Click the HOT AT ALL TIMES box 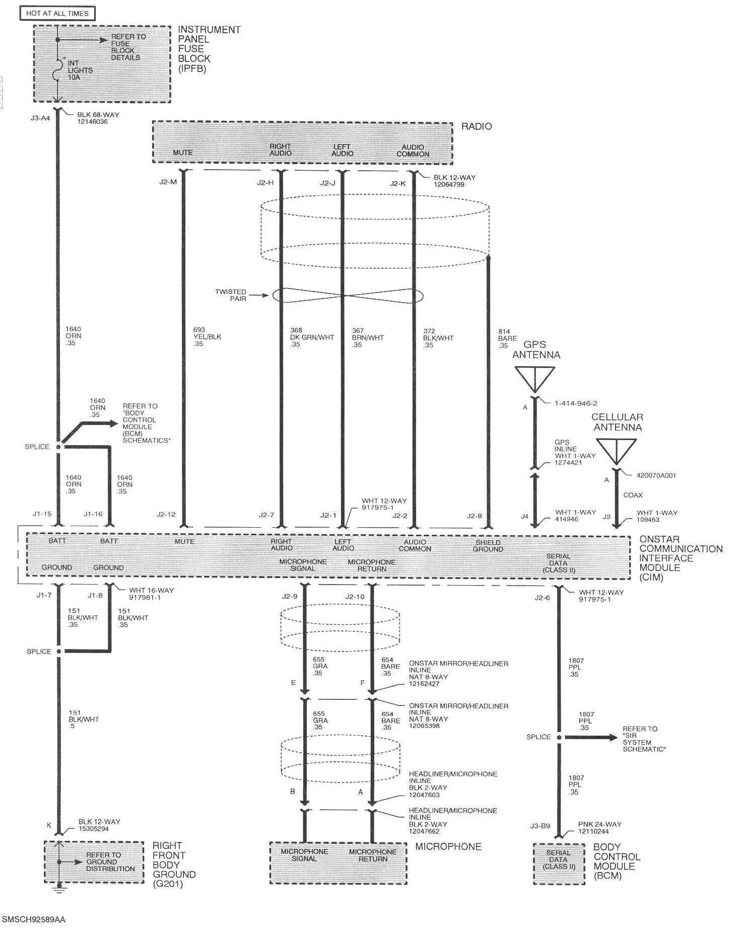pyautogui.click(x=57, y=13)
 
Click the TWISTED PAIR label pyautogui.click(x=231, y=295)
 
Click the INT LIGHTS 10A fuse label pyautogui.click(x=80, y=70)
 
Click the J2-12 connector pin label pyautogui.click(x=166, y=515)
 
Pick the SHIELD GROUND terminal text pyautogui.click(x=488, y=546)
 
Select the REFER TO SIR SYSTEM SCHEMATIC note pyautogui.click(x=644, y=739)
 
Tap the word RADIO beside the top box pyautogui.click(x=476, y=126)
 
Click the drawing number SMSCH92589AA pyautogui.click(x=34, y=919)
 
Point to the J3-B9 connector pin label pyautogui.click(x=539, y=826)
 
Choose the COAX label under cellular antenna pyautogui.click(x=633, y=495)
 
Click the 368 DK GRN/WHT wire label pyautogui.click(x=311, y=337)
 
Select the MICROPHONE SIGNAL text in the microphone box pyautogui.click(x=304, y=855)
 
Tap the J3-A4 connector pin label pyautogui.click(x=40, y=119)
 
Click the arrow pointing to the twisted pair pyautogui.click(x=260, y=296)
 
